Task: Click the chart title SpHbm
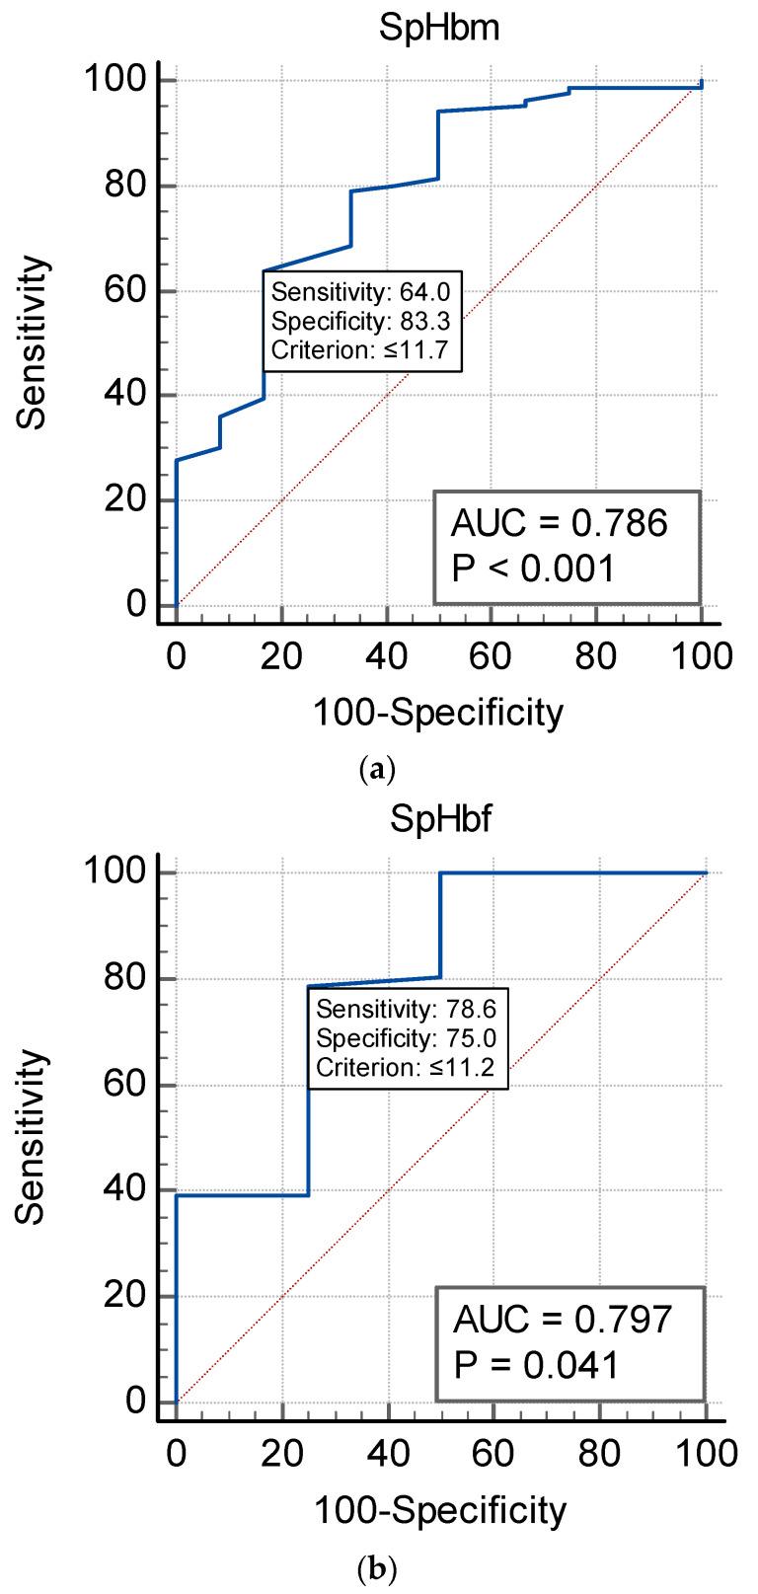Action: click(x=439, y=29)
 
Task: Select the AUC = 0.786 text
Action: click(x=559, y=524)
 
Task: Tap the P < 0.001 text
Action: click(x=533, y=569)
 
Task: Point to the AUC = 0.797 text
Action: click(x=562, y=1319)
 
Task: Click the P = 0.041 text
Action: click(x=536, y=1365)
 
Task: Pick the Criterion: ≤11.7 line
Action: click(x=362, y=348)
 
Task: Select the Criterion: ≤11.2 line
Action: click(x=407, y=1066)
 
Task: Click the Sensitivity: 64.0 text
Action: click(x=362, y=292)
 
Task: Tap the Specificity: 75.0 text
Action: click(x=407, y=1037)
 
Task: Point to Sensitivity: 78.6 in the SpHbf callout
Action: click(x=407, y=1009)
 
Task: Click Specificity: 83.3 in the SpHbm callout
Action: click(x=362, y=321)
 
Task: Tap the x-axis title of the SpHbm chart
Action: click(x=438, y=712)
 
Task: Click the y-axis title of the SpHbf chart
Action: click(x=32, y=1136)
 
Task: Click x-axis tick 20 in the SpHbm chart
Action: click(x=281, y=655)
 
